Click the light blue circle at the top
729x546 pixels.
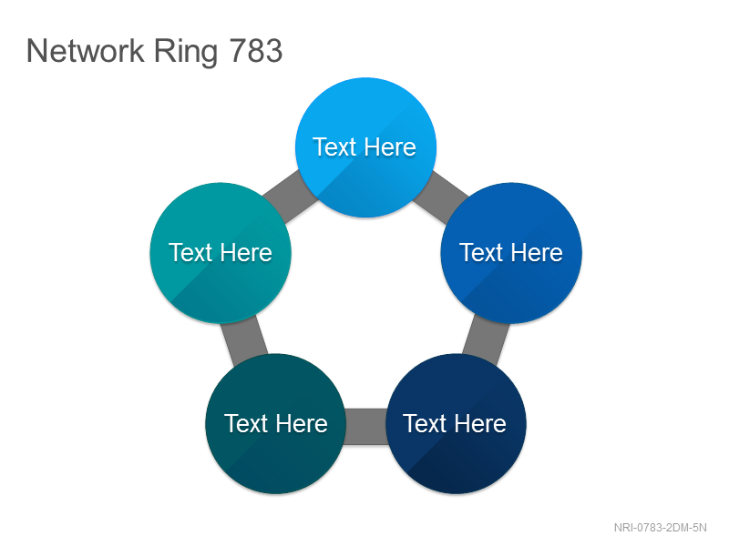point(366,147)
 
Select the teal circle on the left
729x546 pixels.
point(221,253)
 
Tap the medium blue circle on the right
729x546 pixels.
point(511,253)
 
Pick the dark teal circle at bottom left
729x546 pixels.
point(276,423)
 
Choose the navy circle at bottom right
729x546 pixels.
point(457,423)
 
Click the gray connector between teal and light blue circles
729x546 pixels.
point(290,197)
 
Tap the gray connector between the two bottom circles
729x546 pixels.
point(366,426)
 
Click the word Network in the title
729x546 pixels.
point(86,51)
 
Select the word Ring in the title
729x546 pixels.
point(186,52)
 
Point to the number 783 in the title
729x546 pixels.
point(256,51)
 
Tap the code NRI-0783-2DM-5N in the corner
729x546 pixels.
point(660,528)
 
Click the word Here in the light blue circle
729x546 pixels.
point(390,147)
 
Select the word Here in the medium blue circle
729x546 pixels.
point(537,253)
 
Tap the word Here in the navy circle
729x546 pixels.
point(480,423)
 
